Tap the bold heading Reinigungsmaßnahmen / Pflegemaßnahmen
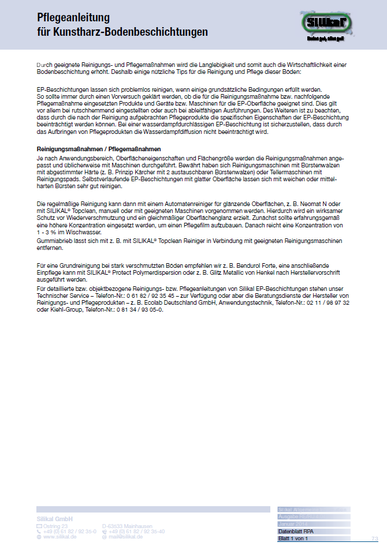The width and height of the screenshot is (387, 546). click(95, 149)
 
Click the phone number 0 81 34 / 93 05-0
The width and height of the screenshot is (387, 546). click(137, 309)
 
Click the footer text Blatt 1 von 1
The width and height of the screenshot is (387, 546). click(293, 538)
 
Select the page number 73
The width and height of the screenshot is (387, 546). click(374, 538)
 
